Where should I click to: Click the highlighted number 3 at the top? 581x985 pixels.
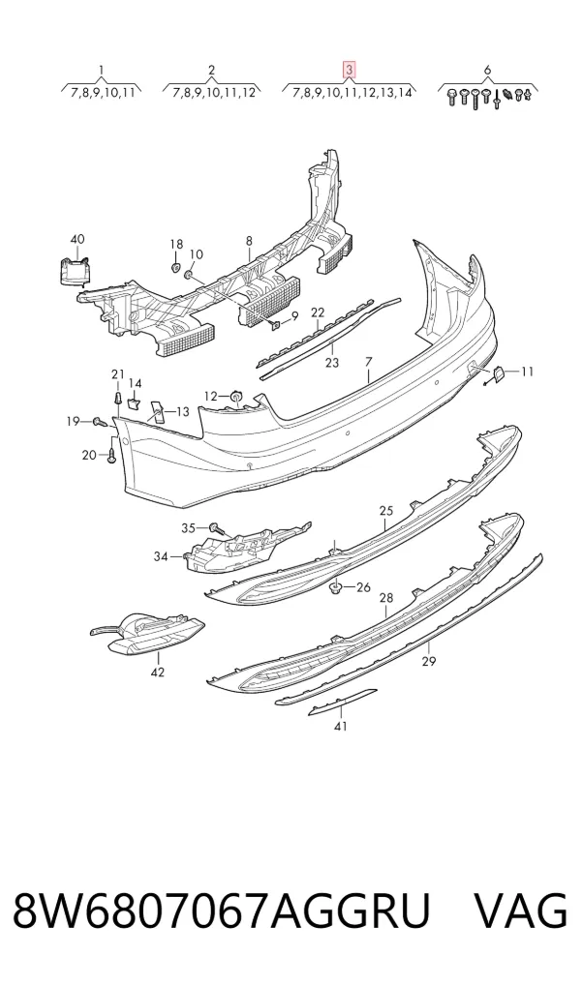349,70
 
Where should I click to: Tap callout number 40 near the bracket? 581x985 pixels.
76,239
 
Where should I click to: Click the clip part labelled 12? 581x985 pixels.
236,397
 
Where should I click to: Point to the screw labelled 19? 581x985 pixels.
100,422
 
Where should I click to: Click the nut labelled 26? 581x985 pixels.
337,587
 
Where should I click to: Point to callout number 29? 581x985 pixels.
429,661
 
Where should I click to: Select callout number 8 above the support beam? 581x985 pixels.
249,241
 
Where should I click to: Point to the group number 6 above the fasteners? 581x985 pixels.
487,70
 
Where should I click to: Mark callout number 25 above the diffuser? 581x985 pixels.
386,510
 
